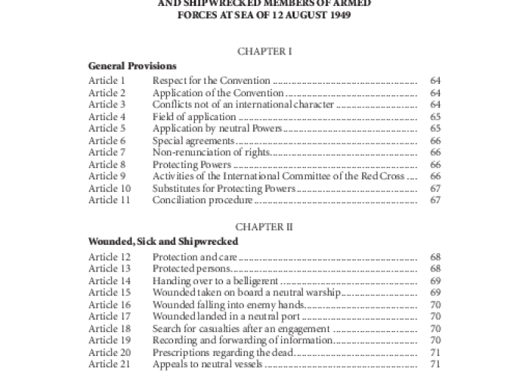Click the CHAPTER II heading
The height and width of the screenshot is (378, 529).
pos(264,226)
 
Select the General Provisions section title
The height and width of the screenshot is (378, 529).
pos(132,66)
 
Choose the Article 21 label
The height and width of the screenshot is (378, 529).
pos(109,364)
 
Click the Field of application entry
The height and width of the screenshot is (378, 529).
pos(194,116)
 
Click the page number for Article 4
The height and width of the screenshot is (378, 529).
pos(435,116)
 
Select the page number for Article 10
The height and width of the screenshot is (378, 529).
pos(435,188)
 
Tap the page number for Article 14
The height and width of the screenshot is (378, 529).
pos(435,280)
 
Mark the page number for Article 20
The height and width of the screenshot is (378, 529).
pos(435,352)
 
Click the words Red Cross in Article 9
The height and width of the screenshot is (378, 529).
pos(388,176)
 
